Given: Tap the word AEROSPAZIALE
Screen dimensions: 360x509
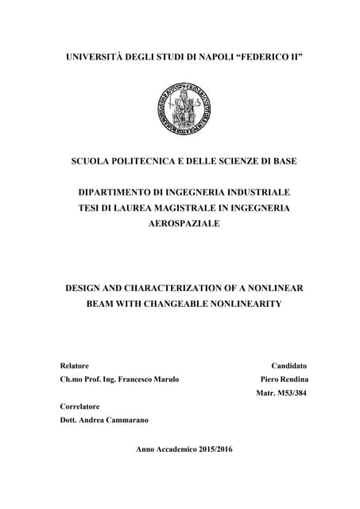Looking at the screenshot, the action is tap(180, 224).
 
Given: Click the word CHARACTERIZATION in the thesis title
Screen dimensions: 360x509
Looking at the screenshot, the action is tap(178, 288).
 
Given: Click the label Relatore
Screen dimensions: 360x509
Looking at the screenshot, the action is tap(75, 365).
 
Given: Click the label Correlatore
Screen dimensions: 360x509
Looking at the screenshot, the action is tap(82, 406).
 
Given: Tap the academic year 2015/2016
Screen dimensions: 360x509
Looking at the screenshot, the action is tap(207, 449).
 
